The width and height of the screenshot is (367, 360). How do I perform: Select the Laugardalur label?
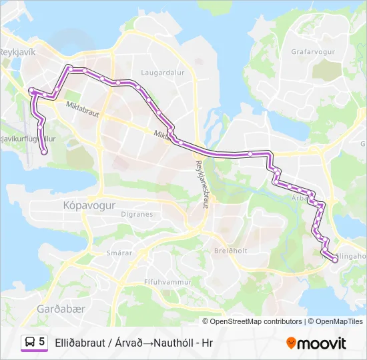pyautogui.click(x=157, y=73)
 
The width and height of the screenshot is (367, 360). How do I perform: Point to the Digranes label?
pyautogui.click(x=137, y=215)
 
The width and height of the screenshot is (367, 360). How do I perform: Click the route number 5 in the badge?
pyautogui.click(x=42, y=342)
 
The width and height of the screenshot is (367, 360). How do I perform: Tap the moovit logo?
pyautogui.click(x=316, y=343)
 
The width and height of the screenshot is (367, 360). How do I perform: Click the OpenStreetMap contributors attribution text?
pyautogui.click(x=256, y=321)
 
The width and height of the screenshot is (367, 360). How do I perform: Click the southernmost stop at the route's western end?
pyautogui.click(x=44, y=152)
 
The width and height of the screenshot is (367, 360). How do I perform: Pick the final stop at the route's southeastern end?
pyautogui.click(x=334, y=261)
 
